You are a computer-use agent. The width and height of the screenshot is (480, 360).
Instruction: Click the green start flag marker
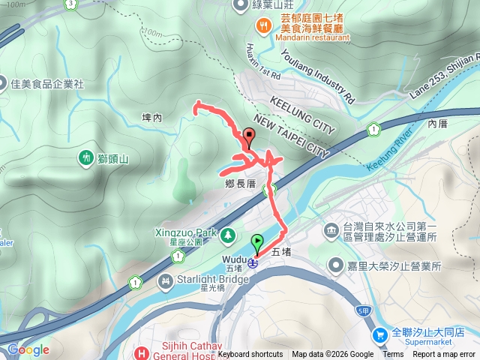point(258,244)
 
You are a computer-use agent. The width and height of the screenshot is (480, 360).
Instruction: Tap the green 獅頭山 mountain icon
point(85,158)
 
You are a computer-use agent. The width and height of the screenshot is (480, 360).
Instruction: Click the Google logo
point(28,349)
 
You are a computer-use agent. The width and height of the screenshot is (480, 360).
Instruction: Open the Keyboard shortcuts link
point(250,355)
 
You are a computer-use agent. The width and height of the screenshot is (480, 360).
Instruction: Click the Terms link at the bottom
point(393,355)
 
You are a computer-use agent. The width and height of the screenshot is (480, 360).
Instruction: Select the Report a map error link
point(444,355)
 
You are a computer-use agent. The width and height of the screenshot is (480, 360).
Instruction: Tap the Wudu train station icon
point(253,262)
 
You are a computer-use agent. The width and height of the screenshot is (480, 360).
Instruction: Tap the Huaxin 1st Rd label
point(262,62)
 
